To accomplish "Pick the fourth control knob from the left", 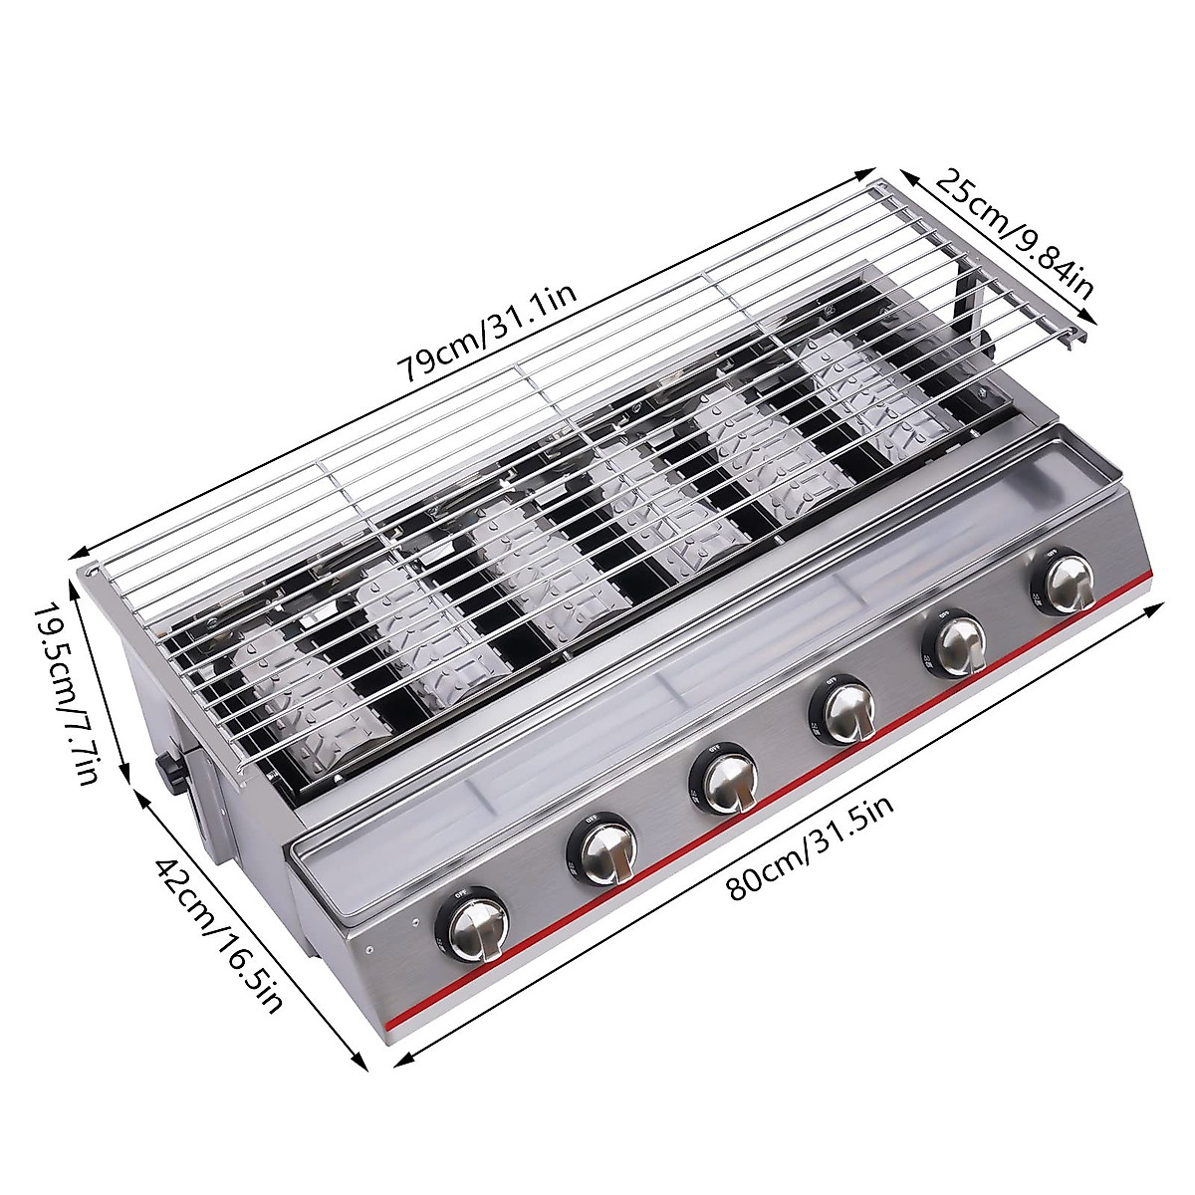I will coord(847,710).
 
